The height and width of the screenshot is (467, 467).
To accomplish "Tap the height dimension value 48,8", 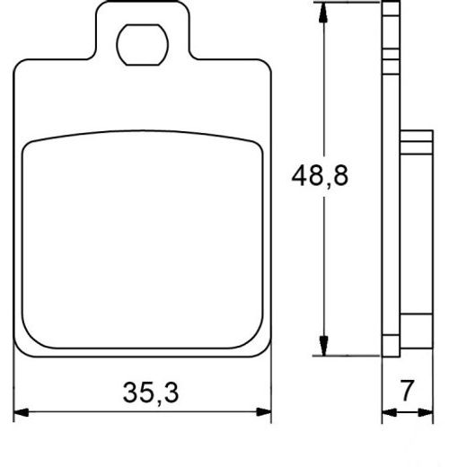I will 320,176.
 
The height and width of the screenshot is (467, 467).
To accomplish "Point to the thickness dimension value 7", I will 408,391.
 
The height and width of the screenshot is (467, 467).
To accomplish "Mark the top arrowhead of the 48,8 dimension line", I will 322,11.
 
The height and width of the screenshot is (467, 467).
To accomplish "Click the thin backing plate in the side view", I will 390,180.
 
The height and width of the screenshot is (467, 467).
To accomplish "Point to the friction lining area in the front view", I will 144,242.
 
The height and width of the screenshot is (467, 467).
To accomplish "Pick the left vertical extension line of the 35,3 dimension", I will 15,386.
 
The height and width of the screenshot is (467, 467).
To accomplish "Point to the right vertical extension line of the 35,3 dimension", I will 271,386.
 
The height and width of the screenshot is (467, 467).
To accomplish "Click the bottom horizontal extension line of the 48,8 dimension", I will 350,355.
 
